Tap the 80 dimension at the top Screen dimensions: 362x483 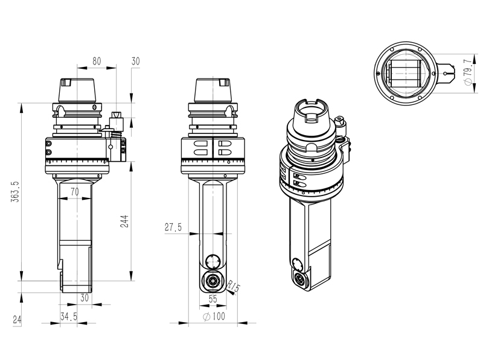coord(97,61)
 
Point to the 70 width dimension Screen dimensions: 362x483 coord(74,192)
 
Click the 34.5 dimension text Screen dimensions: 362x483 coord(69,317)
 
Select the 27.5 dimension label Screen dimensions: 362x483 coord(173,227)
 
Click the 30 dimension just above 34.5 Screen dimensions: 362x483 coord(84,298)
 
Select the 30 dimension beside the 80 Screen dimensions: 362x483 coord(135,61)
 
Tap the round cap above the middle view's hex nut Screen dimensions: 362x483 coord(213,261)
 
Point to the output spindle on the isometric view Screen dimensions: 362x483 coord(300,279)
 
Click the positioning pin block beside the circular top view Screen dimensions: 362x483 coord(446,73)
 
